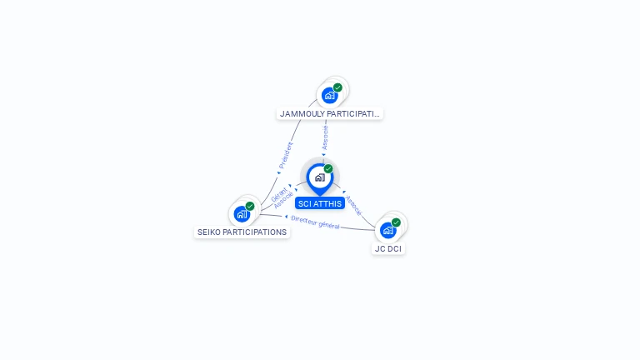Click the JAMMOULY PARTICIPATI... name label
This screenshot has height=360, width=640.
pyautogui.click(x=329, y=114)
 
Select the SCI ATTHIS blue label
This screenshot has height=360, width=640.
pyautogui.click(x=320, y=203)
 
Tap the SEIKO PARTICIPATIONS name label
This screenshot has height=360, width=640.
pyautogui.click(x=242, y=232)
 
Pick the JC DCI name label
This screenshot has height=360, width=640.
pyautogui.click(x=388, y=249)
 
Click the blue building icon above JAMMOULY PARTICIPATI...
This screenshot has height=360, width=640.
pyautogui.click(x=329, y=96)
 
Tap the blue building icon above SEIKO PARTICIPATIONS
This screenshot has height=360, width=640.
pyautogui.click(x=242, y=214)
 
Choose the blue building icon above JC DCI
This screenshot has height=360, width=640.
pyautogui.click(x=387, y=230)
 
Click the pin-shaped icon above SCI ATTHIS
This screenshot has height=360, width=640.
pyautogui.click(x=320, y=179)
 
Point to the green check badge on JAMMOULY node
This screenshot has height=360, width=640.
pyautogui.click(x=337, y=87)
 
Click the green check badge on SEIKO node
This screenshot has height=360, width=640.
pyautogui.click(x=250, y=206)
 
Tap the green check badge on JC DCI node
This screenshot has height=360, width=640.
pyautogui.click(x=396, y=222)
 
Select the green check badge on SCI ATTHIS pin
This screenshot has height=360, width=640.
pyautogui.click(x=328, y=168)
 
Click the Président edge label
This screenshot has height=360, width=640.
pyautogui.click(x=286, y=155)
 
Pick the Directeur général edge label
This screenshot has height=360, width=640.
pyautogui.click(x=315, y=222)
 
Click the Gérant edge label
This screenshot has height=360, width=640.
pyautogui.click(x=279, y=194)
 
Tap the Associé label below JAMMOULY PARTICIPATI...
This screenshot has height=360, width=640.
pyautogui.click(x=325, y=138)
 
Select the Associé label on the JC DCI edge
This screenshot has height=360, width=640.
pyautogui.click(x=353, y=205)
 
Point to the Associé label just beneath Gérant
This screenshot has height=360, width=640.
pyautogui.click(x=283, y=200)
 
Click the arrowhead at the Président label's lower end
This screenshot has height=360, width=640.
pyautogui.click(x=279, y=172)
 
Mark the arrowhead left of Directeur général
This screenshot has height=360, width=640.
pyautogui.click(x=286, y=217)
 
